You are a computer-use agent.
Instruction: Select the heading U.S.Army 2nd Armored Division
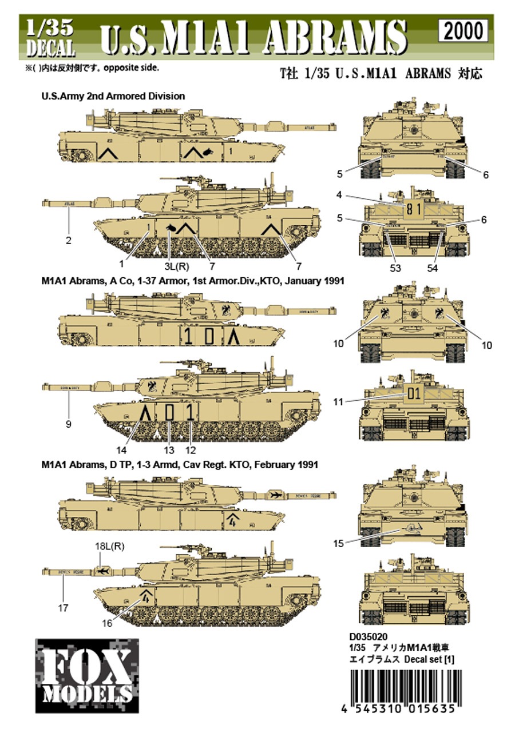[x=113, y=97]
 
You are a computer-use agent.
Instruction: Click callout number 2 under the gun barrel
[x=69, y=241]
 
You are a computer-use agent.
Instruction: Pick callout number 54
[x=433, y=268]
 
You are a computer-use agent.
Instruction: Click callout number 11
[x=338, y=402]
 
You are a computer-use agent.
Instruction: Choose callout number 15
[x=338, y=543]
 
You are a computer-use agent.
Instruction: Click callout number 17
[x=63, y=608]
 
